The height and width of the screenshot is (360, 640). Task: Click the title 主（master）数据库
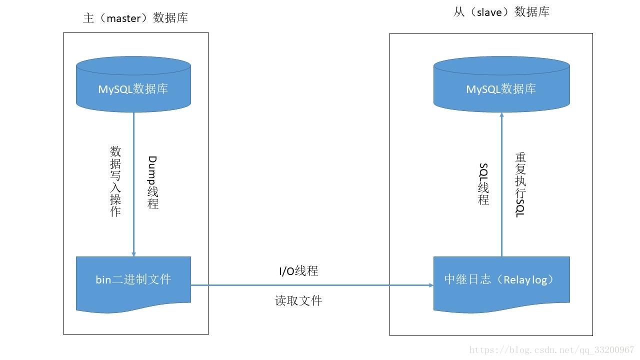[x=135, y=18]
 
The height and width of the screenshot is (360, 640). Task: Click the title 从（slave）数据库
[x=501, y=12]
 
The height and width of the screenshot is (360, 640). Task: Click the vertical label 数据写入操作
[x=115, y=181]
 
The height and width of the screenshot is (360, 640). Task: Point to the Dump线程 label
[x=153, y=182]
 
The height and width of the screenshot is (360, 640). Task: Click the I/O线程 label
[x=298, y=271]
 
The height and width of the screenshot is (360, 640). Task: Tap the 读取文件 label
[x=298, y=300]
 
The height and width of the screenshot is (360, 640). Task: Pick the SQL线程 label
[x=483, y=184]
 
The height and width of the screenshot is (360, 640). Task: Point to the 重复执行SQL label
[x=520, y=184]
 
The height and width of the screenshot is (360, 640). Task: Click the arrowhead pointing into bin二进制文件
[x=133, y=253]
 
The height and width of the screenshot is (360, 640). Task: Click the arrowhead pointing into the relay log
[x=430, y=285]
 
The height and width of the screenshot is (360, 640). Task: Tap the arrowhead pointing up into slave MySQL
[x=501, y=115]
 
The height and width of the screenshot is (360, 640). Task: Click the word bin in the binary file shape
[x=103, y=279]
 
